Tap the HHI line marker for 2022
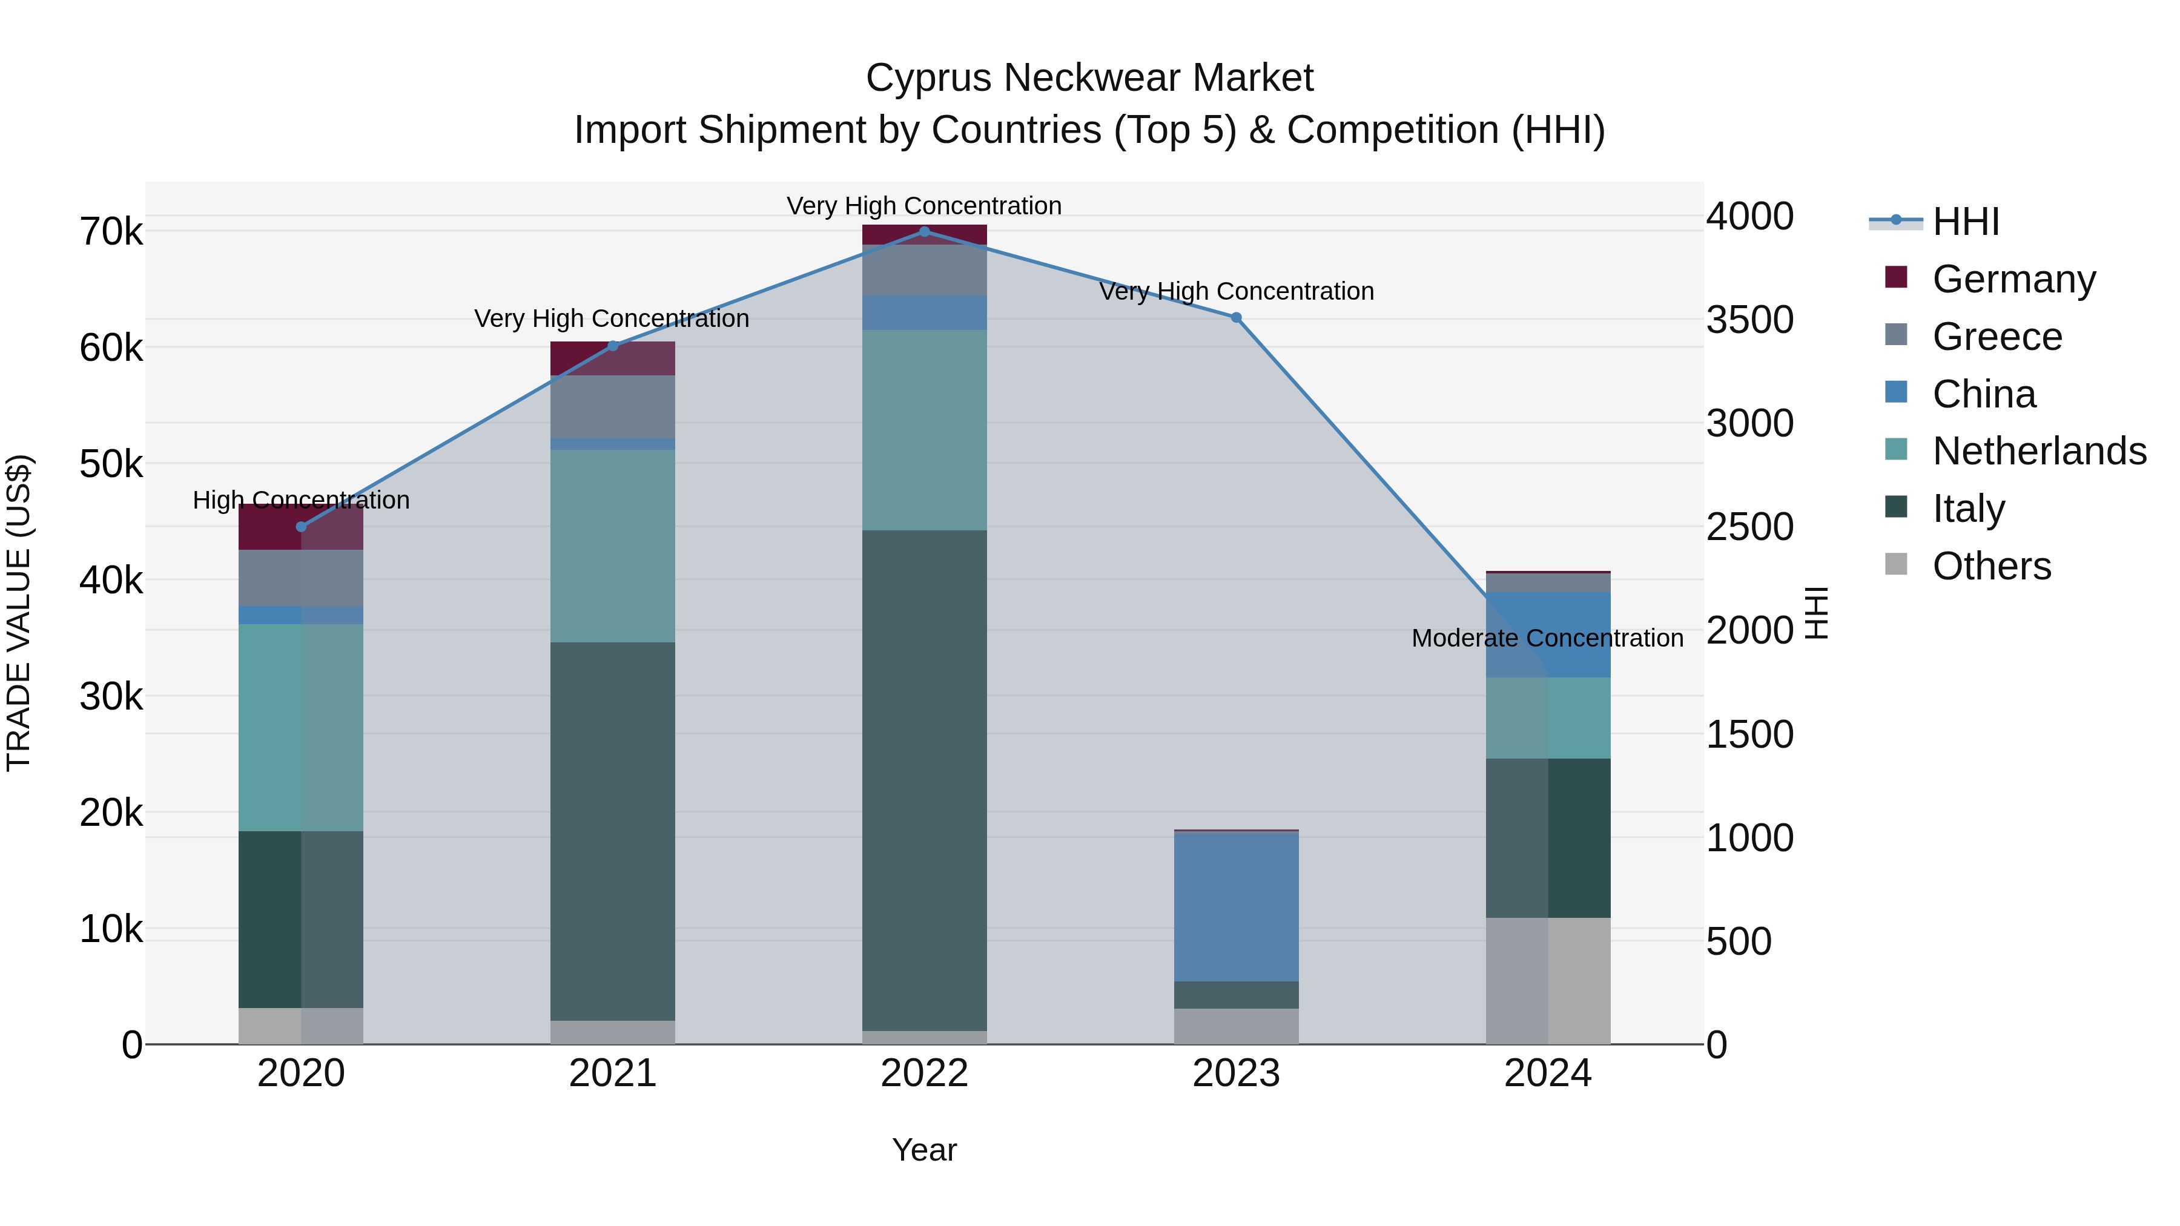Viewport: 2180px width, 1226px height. point(924,232)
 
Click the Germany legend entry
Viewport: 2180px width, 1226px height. point(2012,279)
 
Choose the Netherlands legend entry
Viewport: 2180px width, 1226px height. point(2038,451)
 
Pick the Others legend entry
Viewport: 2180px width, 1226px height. point(1990,566)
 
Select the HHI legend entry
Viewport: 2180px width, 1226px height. point(1965,222)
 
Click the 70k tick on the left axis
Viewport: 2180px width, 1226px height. point(111,232)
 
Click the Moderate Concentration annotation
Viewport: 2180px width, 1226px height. point(1547,638)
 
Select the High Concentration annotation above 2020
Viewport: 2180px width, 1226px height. point(302,500)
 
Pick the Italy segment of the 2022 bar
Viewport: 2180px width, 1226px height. point(924,780)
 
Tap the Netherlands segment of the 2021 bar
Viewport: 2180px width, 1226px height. point(613,545)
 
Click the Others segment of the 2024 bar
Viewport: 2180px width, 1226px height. point(1548,981)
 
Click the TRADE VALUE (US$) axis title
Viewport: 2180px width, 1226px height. point(19,613)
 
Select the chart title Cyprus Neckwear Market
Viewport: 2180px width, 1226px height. point(1089,78)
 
